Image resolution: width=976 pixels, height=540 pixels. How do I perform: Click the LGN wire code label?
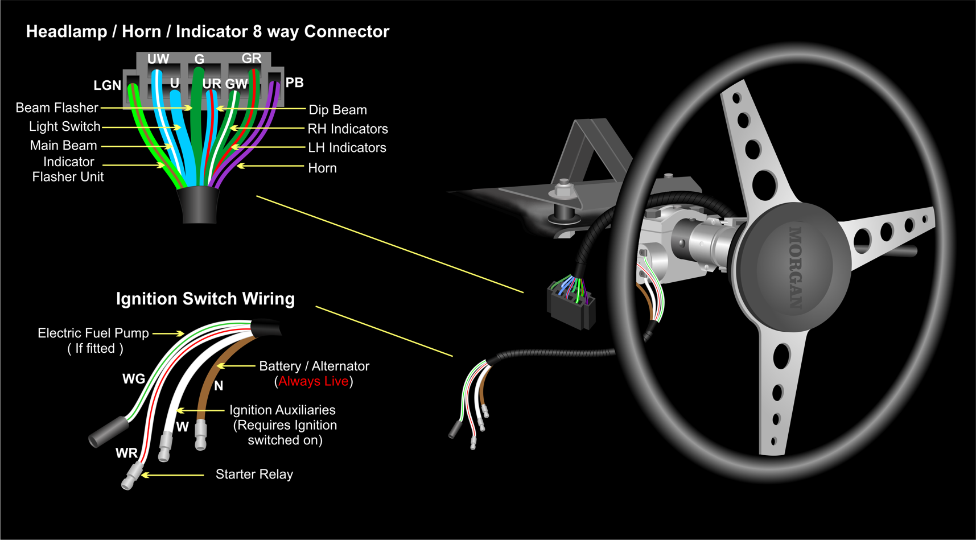tap(108, 85)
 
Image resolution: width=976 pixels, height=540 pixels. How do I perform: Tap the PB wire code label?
tap(294, 83)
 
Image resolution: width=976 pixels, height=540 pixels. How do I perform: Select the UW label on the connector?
tap(158, 59)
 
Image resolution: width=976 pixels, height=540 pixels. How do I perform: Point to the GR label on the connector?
tap(252, 58)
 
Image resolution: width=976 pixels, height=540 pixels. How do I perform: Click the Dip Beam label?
tap(337, 110)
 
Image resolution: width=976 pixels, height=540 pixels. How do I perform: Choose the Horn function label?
tap(322, 168)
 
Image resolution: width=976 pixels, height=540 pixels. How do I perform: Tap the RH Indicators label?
tap(348, 129)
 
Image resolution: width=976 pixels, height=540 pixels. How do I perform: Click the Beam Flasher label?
tap(57, 108)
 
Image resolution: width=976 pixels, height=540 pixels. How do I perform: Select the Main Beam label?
tap(63, 145)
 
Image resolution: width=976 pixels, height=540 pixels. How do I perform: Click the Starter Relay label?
tap(254, 474)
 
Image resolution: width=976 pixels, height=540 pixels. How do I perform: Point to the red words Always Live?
tap(313, 381)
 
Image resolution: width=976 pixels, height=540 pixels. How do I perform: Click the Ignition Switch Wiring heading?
tap(205, 299)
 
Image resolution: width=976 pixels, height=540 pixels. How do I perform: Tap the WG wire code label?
tap(134, 379)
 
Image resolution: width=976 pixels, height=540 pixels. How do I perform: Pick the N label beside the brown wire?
tap(219, 386)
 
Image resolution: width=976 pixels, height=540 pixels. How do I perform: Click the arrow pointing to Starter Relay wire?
tap(172, 475)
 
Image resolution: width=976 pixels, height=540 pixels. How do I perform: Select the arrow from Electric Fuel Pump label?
tap(168, 333)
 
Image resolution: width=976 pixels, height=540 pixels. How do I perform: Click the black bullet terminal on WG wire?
tap(109, 431)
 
